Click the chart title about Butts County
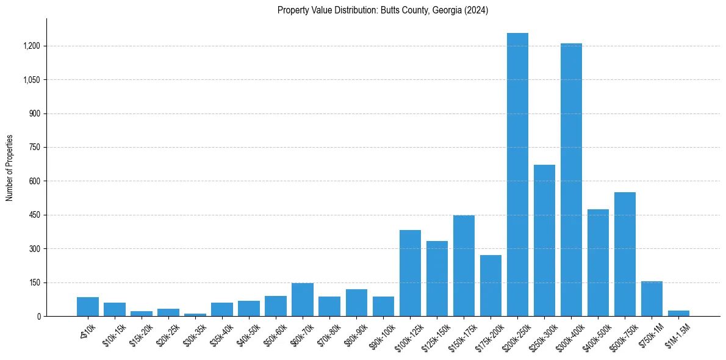click(x=383, y=10)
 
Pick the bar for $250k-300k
click(x=544, y=240)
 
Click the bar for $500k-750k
click(x=625, y=254)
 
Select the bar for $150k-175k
click(x=464, y=266)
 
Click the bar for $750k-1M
click(x=652, y=299)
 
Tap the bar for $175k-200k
click(x=491, y=286)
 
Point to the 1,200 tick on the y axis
click(x=31, y=46)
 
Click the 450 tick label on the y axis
click(x=34, y=215)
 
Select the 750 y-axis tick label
click(x=34, y=148)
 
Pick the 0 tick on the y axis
click(x=38, y=317)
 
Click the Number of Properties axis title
click(x=10, y=168)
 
